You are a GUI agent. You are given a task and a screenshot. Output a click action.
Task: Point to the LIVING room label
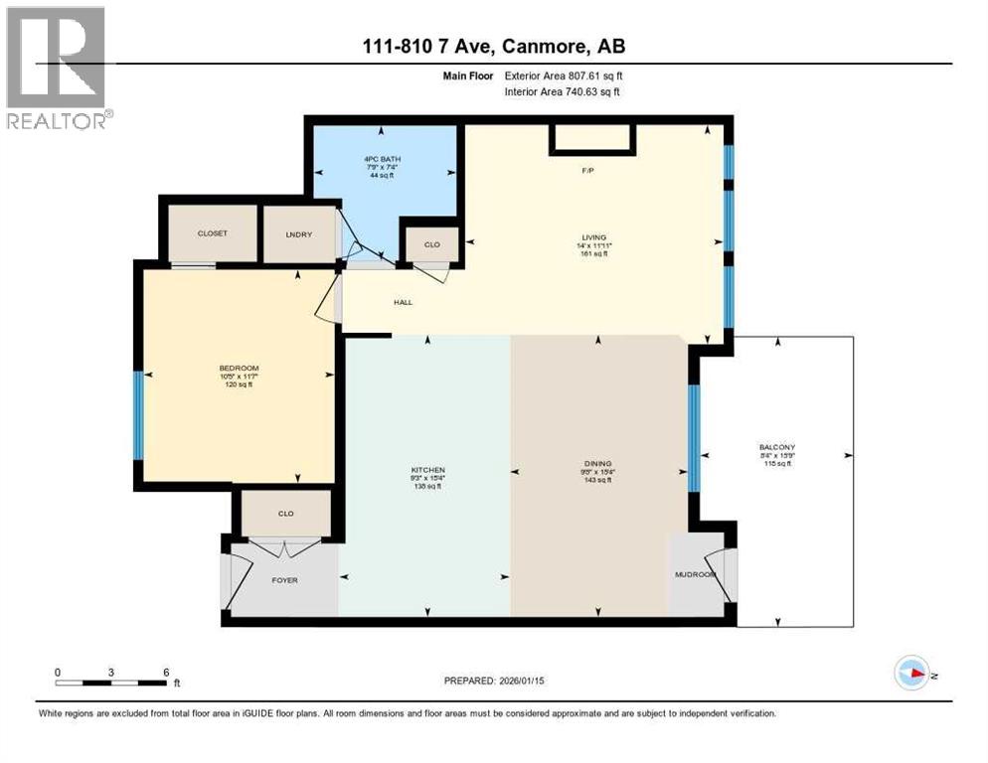click(x=594, y=237)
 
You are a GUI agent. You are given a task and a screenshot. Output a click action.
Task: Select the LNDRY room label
click(x=298, y=233)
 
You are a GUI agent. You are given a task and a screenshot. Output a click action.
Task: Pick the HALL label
click(x=402, y=302)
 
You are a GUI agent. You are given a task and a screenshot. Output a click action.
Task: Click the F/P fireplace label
click(x=588, y=171)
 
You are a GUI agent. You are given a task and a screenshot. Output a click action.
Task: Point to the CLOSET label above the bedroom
click(x=212, y=233)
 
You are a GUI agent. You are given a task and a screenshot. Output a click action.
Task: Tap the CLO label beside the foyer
click(x=285, y=514)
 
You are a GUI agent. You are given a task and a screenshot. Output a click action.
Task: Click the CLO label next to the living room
click(x=431, y=243)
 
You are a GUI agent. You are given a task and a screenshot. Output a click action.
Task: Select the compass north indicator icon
click(x=911, y=673)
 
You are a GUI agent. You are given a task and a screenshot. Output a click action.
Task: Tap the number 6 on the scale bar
click(x=165, y=672)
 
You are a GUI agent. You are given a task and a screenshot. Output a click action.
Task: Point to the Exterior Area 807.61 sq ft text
click(x=564, y=76)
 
